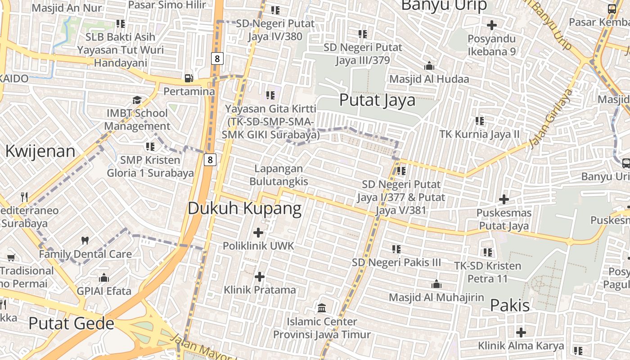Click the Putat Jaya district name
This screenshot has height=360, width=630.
tap(377, 100)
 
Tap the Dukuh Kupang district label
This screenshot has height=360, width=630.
tap(244, 208)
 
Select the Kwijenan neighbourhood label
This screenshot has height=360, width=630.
tap(40, 151)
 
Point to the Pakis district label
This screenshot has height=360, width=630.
tap(510, 305)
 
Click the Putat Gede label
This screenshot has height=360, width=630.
tap(71, 323)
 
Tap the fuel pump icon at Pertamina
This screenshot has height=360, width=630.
tap(189, 78)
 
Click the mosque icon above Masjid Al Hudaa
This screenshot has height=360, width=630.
tap(429, 66)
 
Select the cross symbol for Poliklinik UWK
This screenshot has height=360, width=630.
tap(258, 233)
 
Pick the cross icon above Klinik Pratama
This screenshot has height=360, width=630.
tap(260, 276)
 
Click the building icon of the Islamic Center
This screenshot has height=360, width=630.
tap(322, 308)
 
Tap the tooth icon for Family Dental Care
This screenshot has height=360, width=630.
tap(85, 241)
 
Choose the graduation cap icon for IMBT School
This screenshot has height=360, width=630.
tap(137, 100)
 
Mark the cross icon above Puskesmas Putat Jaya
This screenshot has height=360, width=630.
tap(504, 199)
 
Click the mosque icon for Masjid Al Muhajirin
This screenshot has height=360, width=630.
tap(436, 284)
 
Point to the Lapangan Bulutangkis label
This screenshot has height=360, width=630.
tap(279, 175)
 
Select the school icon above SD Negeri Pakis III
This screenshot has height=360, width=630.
tap(396, 249)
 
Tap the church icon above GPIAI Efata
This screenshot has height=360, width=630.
tap(104, 278)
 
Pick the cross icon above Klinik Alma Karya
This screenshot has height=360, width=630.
tap(521, 333)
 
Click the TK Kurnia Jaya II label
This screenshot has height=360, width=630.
tap(479, 134)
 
